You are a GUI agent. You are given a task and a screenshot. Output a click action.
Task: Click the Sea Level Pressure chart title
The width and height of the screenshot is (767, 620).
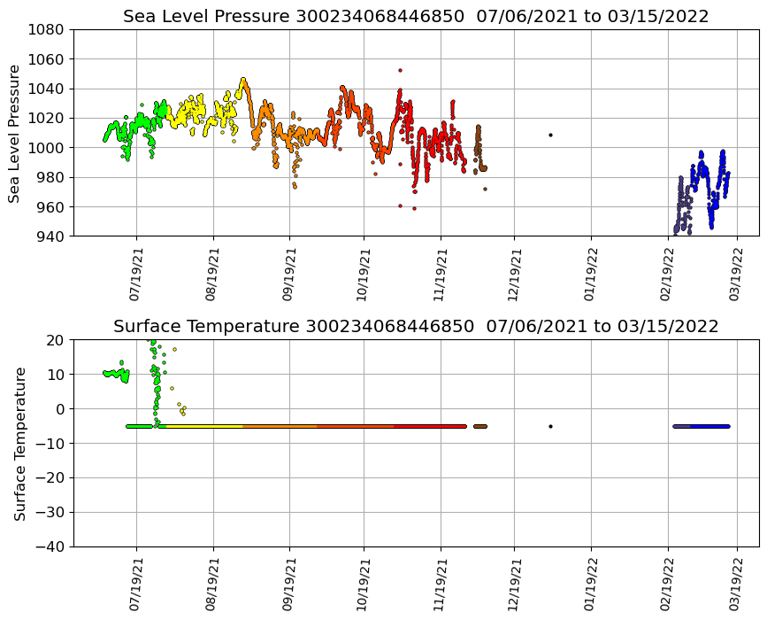(416, 17)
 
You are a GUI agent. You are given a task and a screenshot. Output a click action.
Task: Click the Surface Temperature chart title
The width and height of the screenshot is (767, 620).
(416, 327)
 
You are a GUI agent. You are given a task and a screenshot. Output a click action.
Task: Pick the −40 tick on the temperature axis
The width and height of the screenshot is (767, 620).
(49, 546)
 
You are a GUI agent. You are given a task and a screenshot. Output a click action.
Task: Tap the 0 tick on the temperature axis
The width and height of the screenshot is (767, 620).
(60, 409)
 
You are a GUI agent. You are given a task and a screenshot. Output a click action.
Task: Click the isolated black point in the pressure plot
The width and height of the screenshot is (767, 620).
(550, 135)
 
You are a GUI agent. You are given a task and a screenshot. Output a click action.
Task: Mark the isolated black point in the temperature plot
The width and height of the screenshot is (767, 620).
(550, 426)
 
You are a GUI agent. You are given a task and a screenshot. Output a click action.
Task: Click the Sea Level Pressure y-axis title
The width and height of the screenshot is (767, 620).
(14, 133)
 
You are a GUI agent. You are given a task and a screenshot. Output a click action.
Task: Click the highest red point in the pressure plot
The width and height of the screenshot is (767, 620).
(400, 70)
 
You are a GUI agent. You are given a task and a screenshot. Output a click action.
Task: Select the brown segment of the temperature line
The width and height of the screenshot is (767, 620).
(480, 426)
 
